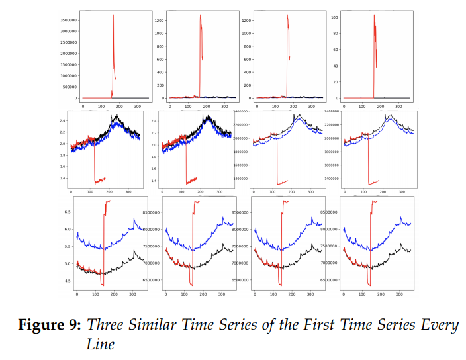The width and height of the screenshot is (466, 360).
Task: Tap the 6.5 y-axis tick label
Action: coord(68,212)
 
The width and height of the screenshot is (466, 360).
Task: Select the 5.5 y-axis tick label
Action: coord(68,246)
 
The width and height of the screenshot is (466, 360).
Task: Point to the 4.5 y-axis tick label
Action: coord(68,281)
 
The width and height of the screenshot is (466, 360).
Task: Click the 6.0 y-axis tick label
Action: coord(68,229)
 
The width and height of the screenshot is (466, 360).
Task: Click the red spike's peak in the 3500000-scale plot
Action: coord(113,15)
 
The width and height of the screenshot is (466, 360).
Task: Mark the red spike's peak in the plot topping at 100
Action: coord(374,15)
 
